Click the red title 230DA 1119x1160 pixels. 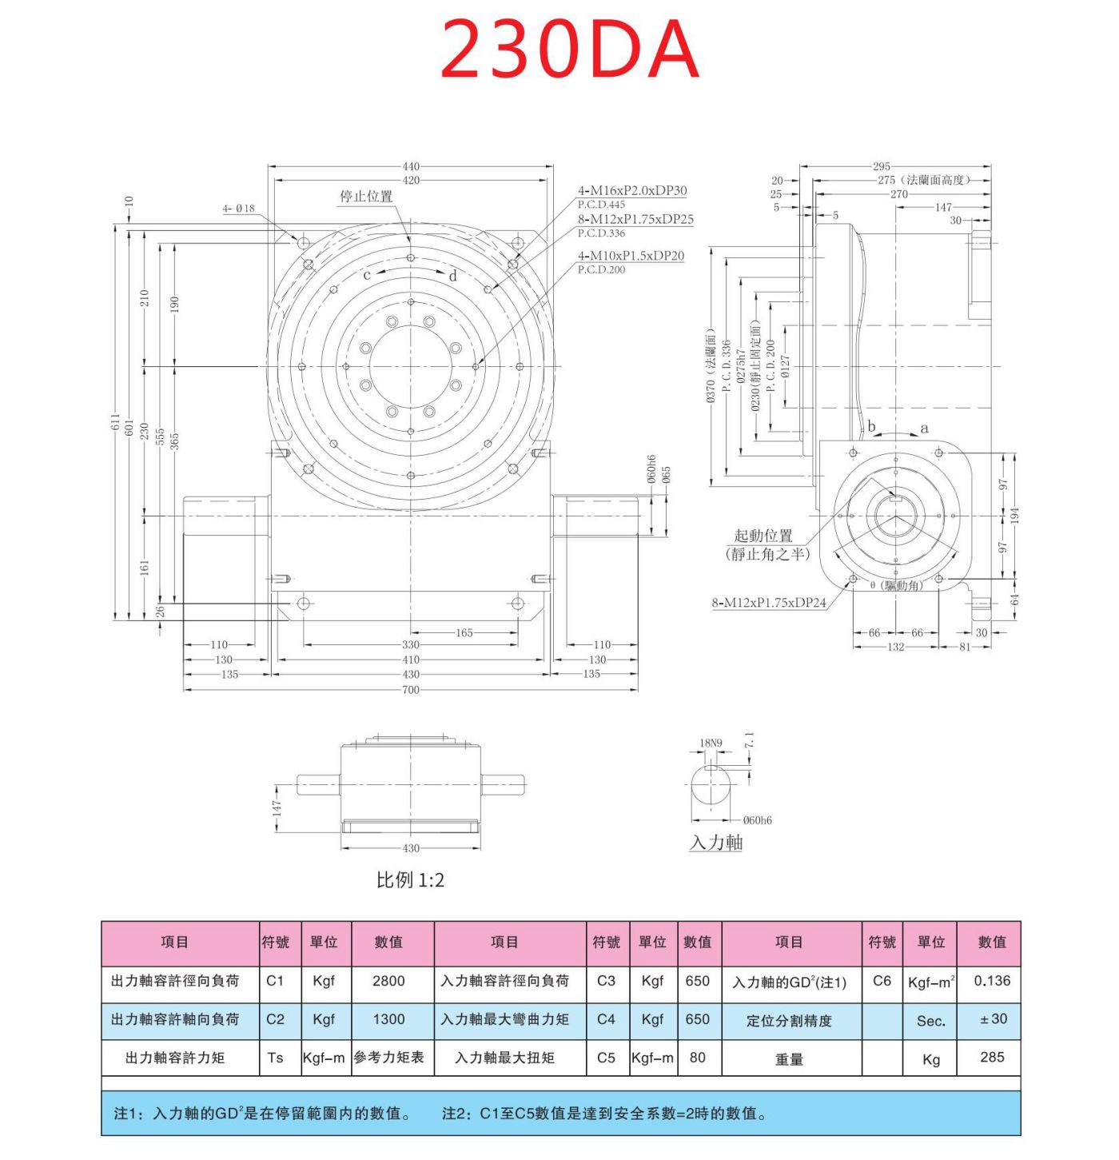coord(569,50)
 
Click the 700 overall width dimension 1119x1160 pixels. coord(410,689)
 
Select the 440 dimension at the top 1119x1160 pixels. coord(410,166)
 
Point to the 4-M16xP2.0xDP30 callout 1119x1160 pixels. coord(631,190)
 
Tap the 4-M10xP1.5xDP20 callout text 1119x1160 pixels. coord(631,256)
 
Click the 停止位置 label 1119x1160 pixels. coord(366,196)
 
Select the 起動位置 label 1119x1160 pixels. coord(763,536)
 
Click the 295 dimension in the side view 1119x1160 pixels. coord(881,166)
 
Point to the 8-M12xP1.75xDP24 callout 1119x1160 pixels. coord(769,603)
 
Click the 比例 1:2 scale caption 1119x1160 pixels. coord(410,880)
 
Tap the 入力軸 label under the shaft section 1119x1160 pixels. coord(716,842)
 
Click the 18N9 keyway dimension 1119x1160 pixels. coord(711,743)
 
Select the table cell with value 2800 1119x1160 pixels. coord(388,981)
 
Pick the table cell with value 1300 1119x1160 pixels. coord(388,1019)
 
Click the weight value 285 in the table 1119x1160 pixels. coord(992,1057)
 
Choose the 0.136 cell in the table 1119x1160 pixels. coord(992,981)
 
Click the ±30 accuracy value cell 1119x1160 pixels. coord(992,1019)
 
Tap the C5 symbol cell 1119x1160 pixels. coord(606,1057)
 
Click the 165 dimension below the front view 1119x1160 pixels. coord(464,632)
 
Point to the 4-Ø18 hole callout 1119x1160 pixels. coord(238,209)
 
